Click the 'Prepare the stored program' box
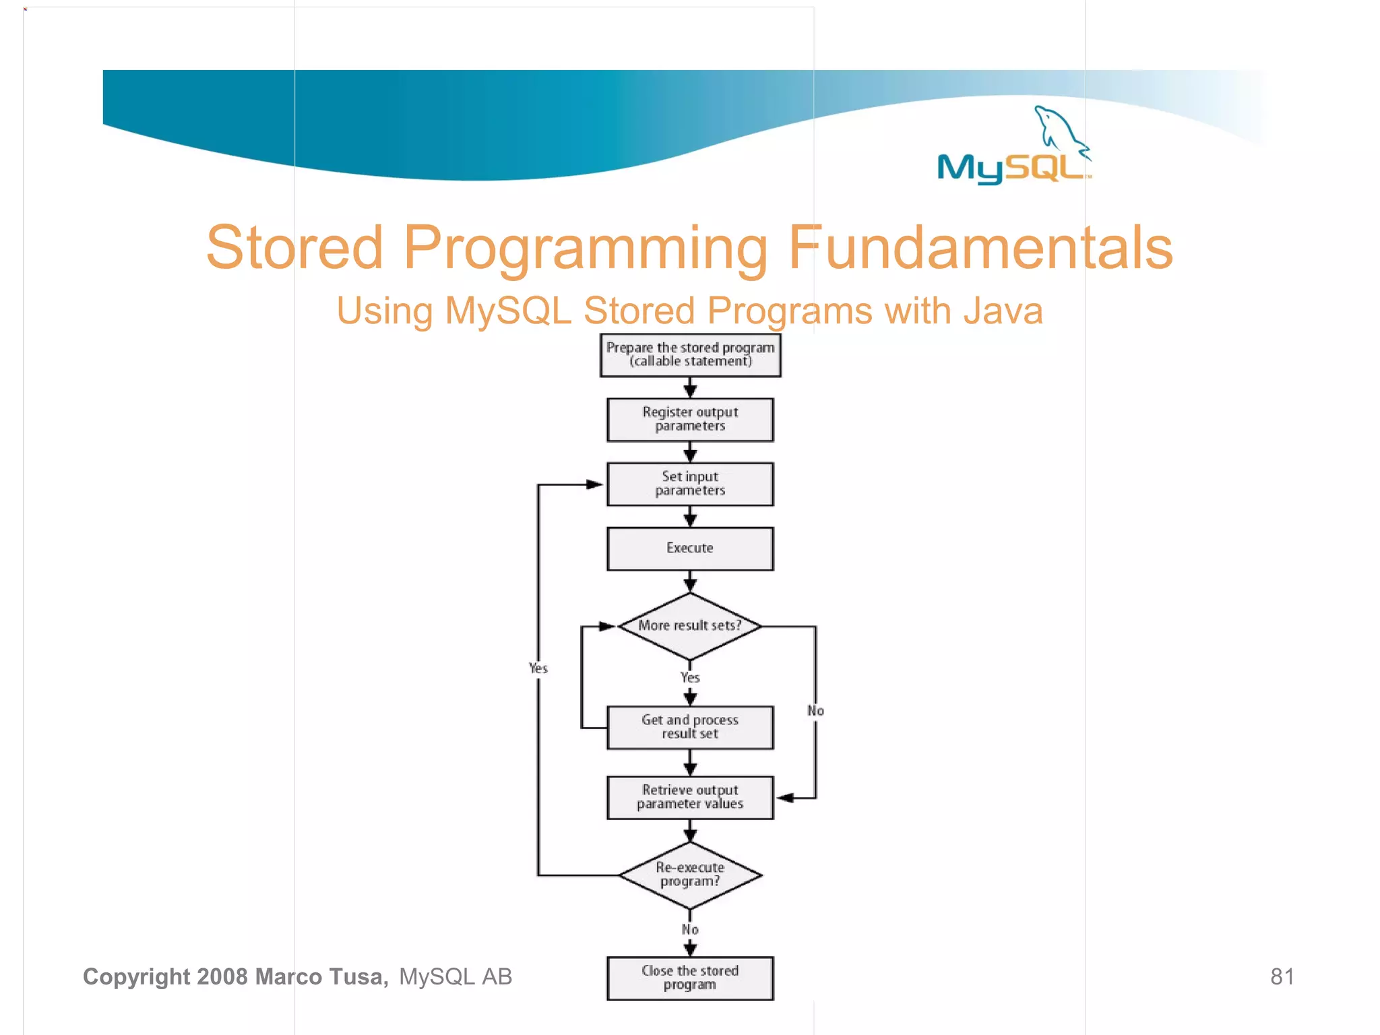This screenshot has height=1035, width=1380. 690,355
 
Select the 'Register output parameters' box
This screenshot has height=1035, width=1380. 690,419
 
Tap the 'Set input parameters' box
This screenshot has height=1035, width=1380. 690,484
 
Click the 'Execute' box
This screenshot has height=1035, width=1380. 690,548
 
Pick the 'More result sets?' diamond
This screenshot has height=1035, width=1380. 690,626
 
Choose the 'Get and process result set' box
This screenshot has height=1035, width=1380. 690,727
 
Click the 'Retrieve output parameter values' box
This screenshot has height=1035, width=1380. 690,797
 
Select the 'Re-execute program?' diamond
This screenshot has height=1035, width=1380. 690,875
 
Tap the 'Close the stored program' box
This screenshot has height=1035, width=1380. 690,978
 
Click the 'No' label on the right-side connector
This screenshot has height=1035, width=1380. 815,711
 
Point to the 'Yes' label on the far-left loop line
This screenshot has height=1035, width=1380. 538,668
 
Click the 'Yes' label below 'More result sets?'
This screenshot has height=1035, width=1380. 690,678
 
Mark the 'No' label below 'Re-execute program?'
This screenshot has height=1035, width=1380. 690,930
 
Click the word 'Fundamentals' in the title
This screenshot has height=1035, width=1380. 980,248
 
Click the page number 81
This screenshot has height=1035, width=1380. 1282,976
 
